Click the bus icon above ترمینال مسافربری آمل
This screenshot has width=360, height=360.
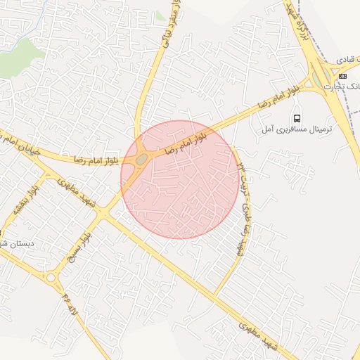(297, 118)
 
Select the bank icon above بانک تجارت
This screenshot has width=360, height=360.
(342, 75)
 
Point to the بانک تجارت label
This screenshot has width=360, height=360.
(345, 85)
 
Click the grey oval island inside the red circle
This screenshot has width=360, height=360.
(141, 160)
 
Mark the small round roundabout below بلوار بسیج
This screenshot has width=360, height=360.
(51, 278)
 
